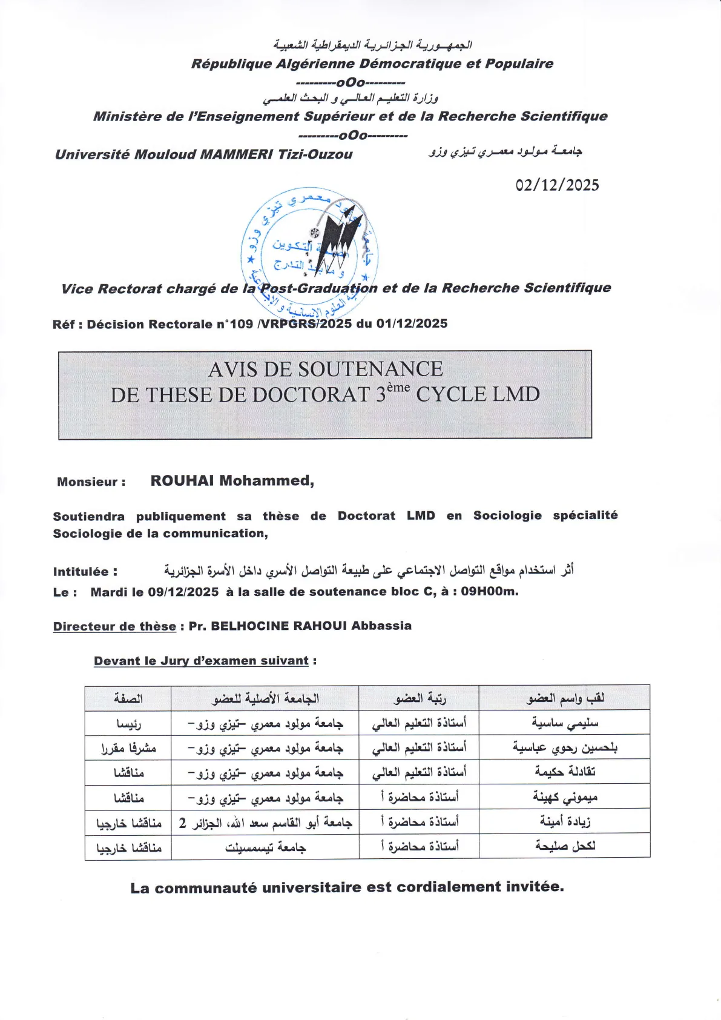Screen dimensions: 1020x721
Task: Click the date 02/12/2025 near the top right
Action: click(x=557, y=185)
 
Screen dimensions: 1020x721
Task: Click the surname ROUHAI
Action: click(x=182, y=481)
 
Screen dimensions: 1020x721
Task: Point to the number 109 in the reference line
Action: click(x=241, y=324)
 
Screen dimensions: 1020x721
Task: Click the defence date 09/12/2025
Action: click(x=183, y=592)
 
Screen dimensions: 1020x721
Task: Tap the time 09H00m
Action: click(x=489, y=591)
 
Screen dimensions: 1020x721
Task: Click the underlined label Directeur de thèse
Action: click(x=114, y=626)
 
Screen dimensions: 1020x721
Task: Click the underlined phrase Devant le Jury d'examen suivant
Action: click(x=201, y=661)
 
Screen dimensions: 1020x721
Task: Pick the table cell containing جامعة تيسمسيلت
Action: click(x=265, y=847)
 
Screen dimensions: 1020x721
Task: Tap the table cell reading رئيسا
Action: click(x=128, y=723)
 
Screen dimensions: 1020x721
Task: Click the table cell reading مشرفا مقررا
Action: click(x=128, y=748)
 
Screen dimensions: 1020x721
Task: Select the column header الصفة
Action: click(x=128, y=698)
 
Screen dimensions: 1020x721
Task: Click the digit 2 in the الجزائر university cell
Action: click(x=182, y=823)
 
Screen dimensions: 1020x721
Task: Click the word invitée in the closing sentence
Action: click(x=533, y=887)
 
